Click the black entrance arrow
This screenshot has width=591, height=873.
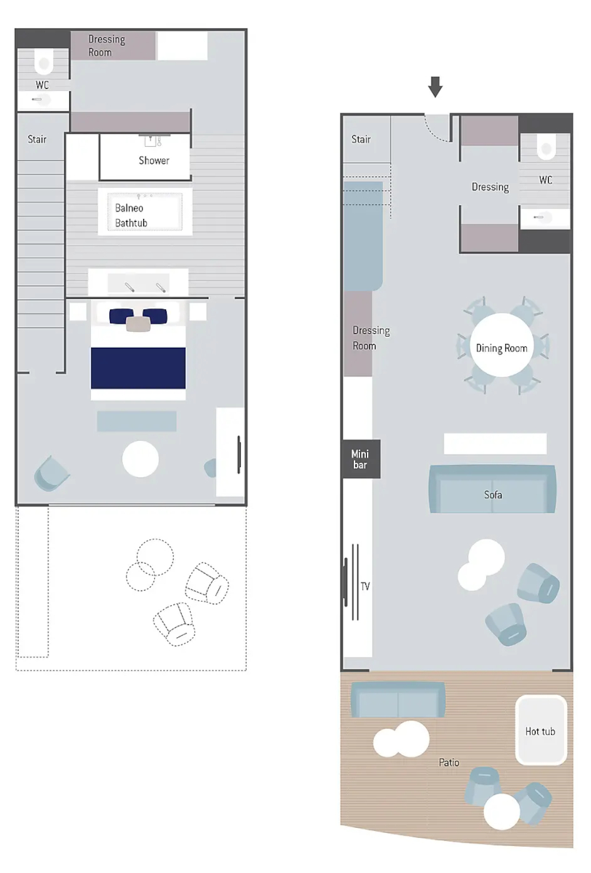pos(435,87)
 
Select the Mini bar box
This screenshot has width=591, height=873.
pos(360,459)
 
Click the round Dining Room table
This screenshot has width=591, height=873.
pos(501,346)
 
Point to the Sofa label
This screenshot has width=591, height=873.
pos(493,495)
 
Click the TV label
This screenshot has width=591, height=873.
pos(365,586)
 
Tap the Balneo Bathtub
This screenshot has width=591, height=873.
pos(145,212)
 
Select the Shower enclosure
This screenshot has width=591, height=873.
pos(145,157)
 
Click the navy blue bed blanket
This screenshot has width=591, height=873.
pos(138,368)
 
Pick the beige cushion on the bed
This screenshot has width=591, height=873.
pos(138,324)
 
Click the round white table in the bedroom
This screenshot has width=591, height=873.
pos(140,459)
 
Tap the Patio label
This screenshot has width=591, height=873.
pos(448,762)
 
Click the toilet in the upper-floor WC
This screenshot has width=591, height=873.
pos(44,62)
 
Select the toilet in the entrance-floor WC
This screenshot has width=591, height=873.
pos(546,147)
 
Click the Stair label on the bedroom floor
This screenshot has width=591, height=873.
pos(37,139)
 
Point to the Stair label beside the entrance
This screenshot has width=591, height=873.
pos(361,139)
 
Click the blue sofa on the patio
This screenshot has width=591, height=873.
pos(397,700)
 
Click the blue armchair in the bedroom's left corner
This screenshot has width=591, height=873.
pos(51,474)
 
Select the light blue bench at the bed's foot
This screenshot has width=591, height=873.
pos(136,421)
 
